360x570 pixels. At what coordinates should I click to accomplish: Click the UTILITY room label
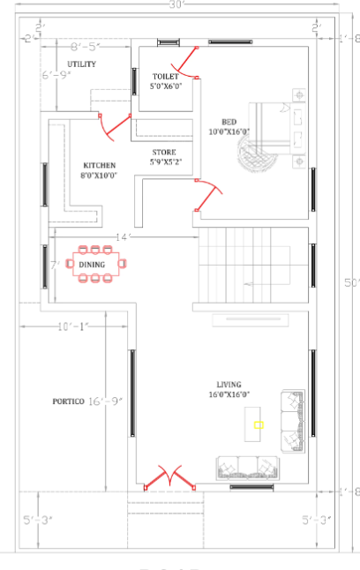[x=82, y=64]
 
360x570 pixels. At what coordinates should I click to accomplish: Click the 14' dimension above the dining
[x=123, y=236]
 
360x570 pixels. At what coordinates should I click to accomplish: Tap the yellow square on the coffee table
[x=259, y=424]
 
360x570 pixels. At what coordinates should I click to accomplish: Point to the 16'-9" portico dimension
[x=104, y=401]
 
